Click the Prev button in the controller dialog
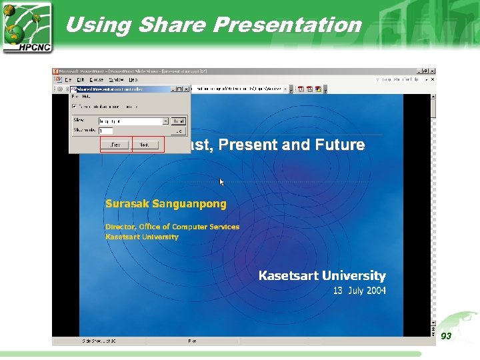point(115,144)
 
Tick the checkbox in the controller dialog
point(75,106)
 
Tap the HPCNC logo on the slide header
point(27,27)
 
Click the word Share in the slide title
point(172,25)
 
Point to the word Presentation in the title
point(287,25)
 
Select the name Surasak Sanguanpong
point(165,204)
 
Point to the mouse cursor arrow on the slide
point(222,181)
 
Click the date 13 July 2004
point(359,291)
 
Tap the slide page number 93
point(446,336)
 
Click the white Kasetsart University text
point(322,275)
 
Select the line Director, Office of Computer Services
point(172,227)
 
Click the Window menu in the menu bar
point(116,79)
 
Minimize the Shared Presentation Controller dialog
point(171,88)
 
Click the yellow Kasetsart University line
point(142,237)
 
